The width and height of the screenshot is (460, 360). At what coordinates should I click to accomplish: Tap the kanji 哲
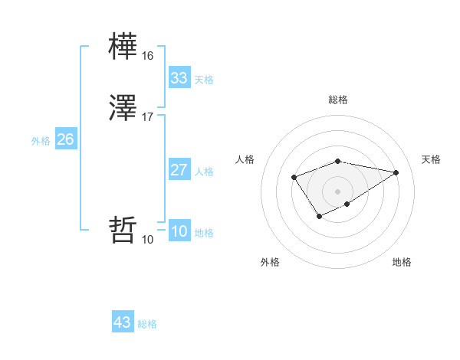[123, 229]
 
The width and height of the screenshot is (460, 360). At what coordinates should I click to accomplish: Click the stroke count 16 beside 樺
[147, 56]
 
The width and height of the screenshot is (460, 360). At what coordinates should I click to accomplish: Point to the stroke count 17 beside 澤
[147, 117]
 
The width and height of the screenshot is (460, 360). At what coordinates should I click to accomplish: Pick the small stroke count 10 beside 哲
[147, 240]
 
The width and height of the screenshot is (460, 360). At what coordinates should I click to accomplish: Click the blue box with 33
[179, 78]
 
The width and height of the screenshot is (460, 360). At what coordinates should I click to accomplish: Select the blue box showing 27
[179, 170]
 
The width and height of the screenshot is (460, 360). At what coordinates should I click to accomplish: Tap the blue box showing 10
[179, 231]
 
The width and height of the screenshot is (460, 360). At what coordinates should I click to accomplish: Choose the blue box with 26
[66, 139]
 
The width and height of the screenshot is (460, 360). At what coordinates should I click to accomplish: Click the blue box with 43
[122, 322]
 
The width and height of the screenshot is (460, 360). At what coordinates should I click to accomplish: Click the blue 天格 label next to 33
[204, 80]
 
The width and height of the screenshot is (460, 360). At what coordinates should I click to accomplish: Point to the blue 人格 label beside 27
[204, 172]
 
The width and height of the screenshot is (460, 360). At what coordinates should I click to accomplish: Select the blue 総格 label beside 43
[147, 324]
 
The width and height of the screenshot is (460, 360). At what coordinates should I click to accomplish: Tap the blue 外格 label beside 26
[41, 141]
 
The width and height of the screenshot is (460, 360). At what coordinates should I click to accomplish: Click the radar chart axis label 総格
[338, 100]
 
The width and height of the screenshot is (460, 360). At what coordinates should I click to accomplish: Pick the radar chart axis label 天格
[431, 159]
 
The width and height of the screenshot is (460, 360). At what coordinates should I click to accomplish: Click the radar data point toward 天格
[396, 172]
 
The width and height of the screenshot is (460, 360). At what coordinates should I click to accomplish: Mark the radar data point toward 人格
[294, 178]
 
